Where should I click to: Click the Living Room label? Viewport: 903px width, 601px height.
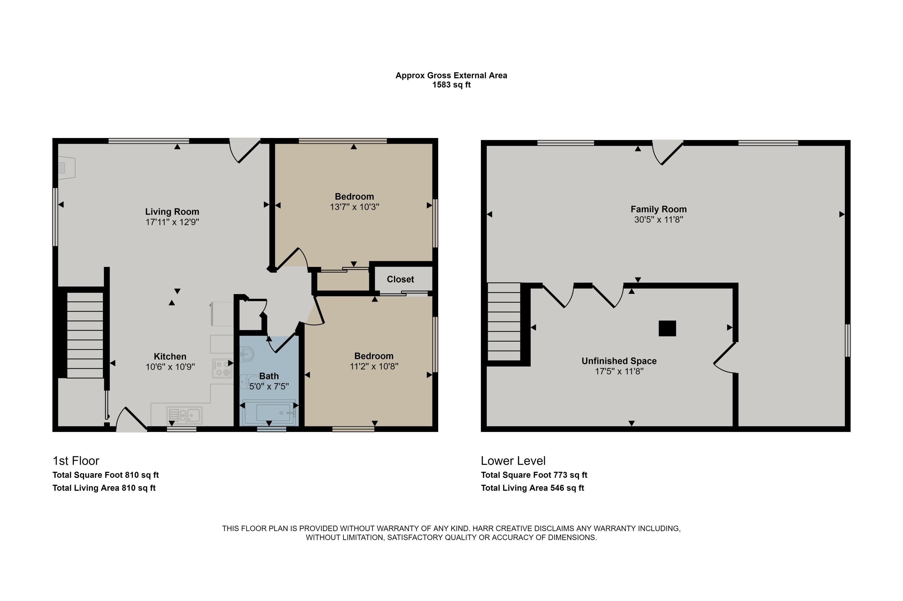pos(172,212)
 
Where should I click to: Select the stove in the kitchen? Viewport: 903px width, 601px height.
pos(222,368)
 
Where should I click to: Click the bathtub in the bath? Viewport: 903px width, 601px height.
pos(269,413)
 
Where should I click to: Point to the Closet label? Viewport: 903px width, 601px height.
pos(400,279)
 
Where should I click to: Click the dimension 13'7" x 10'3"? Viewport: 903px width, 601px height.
pos(354,207)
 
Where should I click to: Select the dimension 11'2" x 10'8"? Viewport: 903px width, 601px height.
pos(374,366)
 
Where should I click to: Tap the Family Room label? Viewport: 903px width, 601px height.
pos(659,209)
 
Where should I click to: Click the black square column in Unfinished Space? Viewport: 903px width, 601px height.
pos(667,329)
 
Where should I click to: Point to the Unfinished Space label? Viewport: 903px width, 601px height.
pos(619,361)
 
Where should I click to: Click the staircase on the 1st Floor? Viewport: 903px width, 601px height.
pos(85,335)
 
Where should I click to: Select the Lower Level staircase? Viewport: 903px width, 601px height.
pos(504,322)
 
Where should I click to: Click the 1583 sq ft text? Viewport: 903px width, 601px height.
pos(451,85)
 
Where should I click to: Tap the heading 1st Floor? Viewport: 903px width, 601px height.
pos(76,461)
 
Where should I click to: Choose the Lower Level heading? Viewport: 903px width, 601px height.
pos(513,461)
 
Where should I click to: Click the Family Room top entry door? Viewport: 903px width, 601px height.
pos(668,152)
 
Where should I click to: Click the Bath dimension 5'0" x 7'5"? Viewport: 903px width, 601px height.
pos(269,386)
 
